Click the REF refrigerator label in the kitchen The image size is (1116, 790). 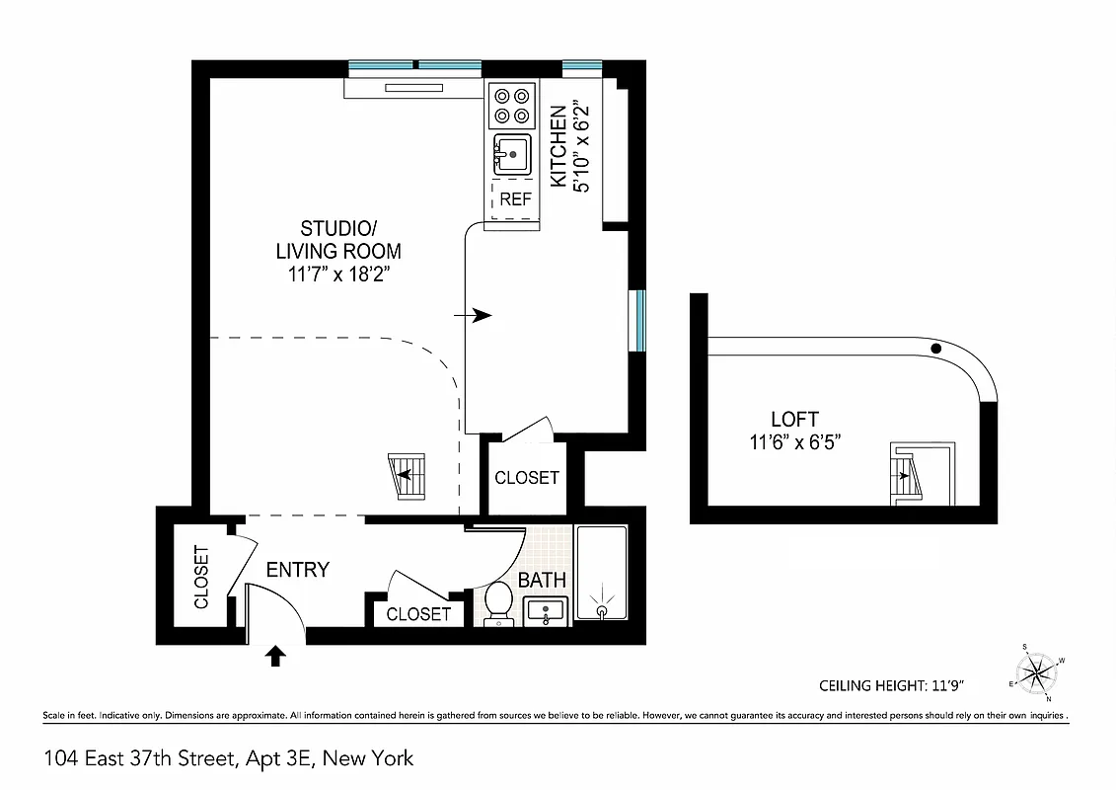coord(515,198)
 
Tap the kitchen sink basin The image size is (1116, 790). coord(512,155)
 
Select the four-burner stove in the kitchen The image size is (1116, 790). coord(511,107)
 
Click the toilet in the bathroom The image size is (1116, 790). coord(499,601)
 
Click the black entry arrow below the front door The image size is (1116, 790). coord(276,656)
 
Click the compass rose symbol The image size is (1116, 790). coord(1036,674)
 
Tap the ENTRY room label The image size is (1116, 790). coord(297,570)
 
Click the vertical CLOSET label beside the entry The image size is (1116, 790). coord(201,577)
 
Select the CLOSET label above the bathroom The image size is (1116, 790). coord(526,478)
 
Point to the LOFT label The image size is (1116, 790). coord(794,419)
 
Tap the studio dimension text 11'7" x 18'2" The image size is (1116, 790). coord(339,276)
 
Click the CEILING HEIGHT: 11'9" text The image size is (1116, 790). coord(890,685)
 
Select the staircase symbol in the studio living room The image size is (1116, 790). coord(407,478)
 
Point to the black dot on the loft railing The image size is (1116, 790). coord(936,348)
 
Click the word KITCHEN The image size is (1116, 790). coord(559,147)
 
